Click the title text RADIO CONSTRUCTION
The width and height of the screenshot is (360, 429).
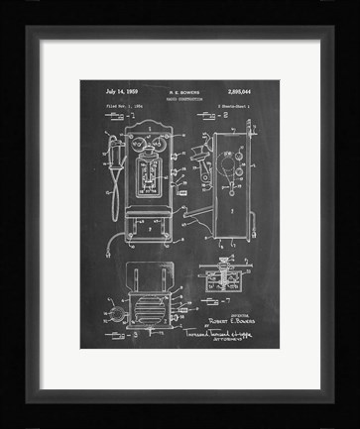[180, 100]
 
